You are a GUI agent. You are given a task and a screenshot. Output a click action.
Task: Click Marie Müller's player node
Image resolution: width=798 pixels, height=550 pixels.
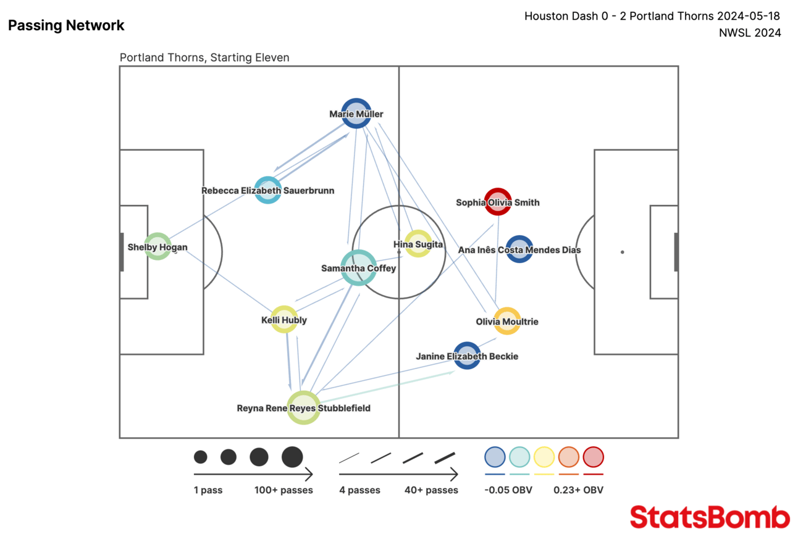click(x=356, y=113)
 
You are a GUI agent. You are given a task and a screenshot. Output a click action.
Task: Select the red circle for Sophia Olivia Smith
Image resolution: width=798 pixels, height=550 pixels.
click(x=497, y=202)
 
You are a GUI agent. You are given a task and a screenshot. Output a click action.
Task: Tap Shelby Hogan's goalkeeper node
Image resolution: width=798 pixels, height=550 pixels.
click(x=157, y=247)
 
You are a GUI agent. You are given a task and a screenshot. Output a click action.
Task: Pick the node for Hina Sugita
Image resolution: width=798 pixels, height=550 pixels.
click(x=418, y=244)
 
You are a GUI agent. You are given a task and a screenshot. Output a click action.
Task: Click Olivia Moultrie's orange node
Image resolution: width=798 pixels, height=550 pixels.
click(x=507, y=321)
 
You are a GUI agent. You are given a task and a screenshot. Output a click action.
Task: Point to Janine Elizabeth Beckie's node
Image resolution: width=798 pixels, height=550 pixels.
click(x=467, y=356)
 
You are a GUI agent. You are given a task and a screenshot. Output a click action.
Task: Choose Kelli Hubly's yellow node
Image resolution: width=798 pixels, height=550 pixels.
click(x=284, y=319)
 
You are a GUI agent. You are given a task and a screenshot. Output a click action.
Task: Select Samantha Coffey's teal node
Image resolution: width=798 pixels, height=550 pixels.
click(x=358, y=267)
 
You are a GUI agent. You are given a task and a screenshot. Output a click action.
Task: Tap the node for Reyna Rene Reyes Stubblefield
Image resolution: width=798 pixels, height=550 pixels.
click(x=304, y=407)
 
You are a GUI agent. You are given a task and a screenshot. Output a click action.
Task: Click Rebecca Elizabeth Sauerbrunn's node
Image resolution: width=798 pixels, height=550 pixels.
click(x=268, y=190)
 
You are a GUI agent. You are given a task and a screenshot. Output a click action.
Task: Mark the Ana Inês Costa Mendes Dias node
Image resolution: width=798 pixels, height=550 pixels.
click(x=519, y=249)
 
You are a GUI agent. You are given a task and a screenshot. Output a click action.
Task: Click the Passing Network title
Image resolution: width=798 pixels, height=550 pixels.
click(x=66, y=25)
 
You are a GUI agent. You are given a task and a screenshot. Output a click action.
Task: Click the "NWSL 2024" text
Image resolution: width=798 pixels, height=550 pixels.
click(x=750, y=33)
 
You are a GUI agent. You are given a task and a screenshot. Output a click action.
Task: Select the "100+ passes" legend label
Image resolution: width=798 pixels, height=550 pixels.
click(x=283, y=490)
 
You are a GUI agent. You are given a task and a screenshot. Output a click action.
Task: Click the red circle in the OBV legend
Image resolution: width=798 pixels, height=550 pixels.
click(x=593, y=457)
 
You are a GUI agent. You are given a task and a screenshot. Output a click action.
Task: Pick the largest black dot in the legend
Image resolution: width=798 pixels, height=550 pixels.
click(x=292, y=457)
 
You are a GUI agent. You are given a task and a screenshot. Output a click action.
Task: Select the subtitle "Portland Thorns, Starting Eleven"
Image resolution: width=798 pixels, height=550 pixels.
click(x=204, y=57)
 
